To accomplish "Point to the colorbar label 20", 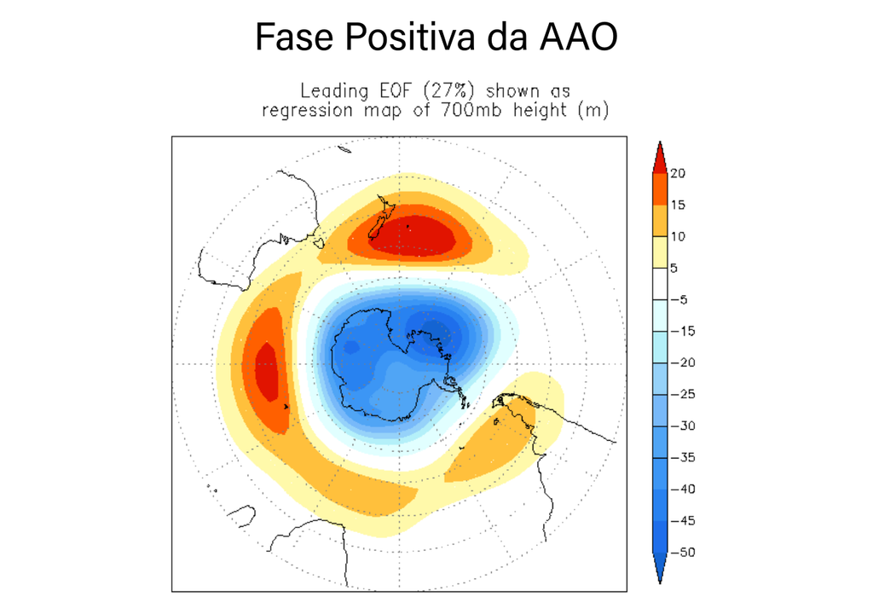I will (679, 173).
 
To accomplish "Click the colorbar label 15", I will (679, 205).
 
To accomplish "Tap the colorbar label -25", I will (684, 394).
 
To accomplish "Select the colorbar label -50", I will (684, 552).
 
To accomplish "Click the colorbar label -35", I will (684, 457).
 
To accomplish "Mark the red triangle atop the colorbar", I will (660, 159).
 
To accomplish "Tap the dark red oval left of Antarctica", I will (267, 370).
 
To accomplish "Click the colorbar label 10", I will (679, 236).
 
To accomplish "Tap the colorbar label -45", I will (684, 520).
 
